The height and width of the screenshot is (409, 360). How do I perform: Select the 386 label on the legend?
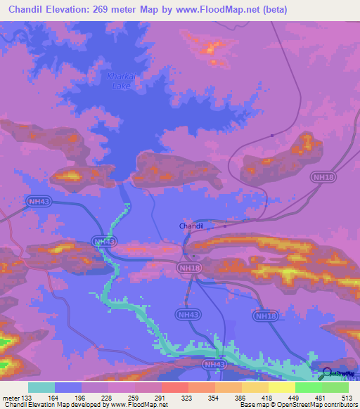(240, 398)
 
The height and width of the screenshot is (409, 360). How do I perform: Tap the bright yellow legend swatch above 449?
(281, 387)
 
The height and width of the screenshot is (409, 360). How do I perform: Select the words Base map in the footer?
(255, 405)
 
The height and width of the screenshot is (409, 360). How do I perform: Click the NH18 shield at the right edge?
(323, 178)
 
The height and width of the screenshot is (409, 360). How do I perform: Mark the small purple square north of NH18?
(272, 136)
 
